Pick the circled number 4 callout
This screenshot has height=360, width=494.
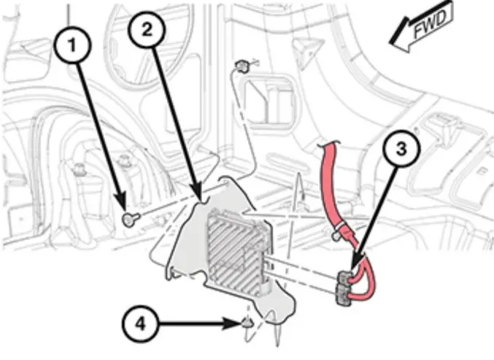click(x=139, y=321)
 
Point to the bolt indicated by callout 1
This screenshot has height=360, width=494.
click(x=129, y=218)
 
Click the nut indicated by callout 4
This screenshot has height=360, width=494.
click(x=247, y=322)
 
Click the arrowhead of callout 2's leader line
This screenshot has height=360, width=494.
click(x=197, y=199)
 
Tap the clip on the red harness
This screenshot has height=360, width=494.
click(x=337, y=233)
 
